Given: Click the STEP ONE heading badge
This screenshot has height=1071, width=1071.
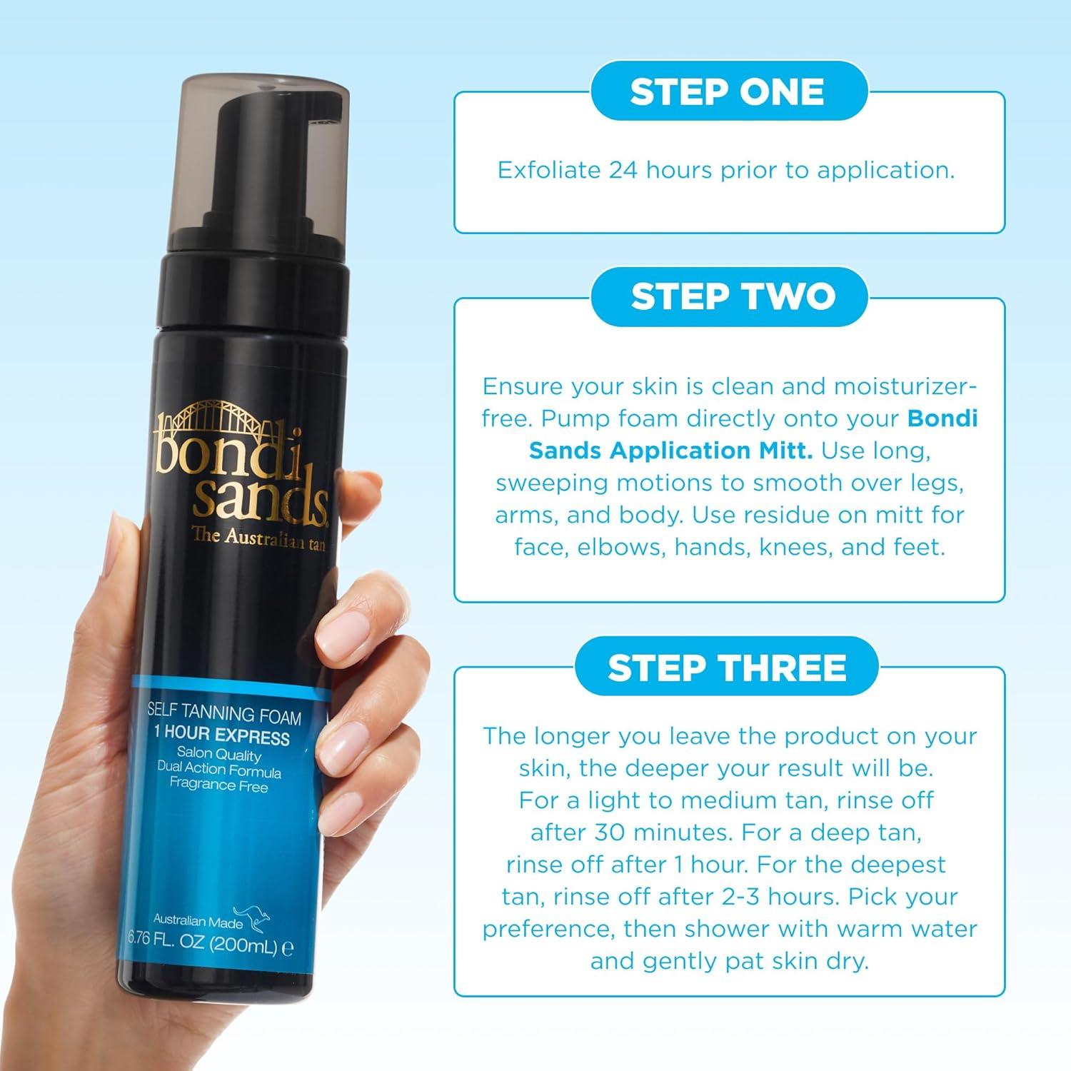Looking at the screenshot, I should pyautogui.click(x=728, y=92).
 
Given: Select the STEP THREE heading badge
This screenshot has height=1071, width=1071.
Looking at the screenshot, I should pyautogui.click(x=727, y=668).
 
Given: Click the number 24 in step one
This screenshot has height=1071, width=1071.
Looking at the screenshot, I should pyautogui.click(x=625, y=171).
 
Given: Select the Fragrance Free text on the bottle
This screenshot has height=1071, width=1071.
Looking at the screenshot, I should pyautogui.click(x=218, y=787).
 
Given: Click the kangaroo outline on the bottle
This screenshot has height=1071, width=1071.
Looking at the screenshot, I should pyautogui.click(x=258, y=917).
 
